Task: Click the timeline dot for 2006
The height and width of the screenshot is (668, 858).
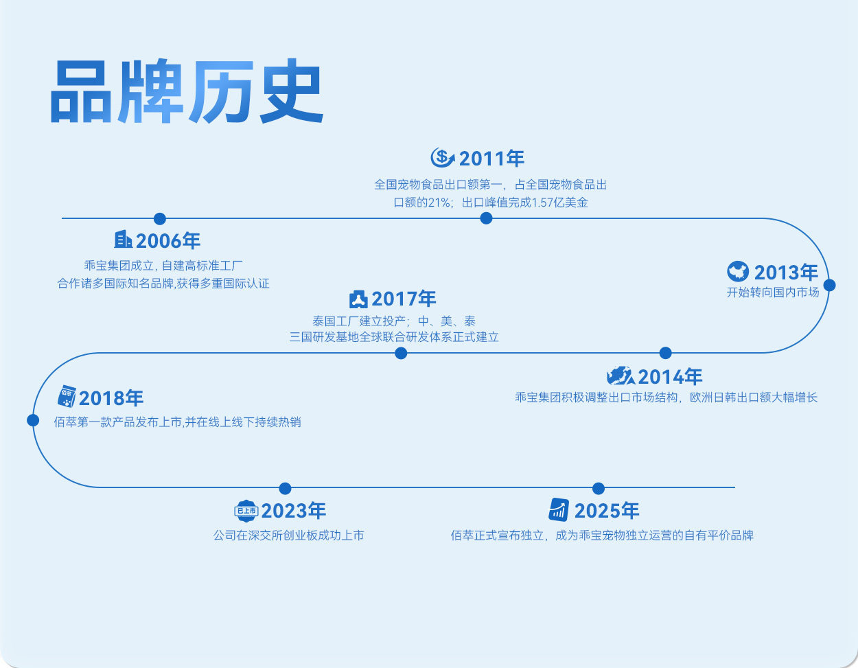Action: click(x=160, y=218)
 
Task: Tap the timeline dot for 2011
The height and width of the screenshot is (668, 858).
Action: click(x=486, y=218)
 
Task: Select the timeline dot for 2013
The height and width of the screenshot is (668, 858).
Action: click(x=829, y=285)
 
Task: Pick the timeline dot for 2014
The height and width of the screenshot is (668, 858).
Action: click(x=665, y=353)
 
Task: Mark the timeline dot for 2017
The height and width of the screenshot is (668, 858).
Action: click(x=401, y=353)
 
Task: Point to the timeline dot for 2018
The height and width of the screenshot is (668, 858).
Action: click(x=33, y=420)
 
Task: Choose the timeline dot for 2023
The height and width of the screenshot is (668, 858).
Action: click(x=286, y=488)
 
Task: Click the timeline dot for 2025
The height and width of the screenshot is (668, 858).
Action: click(x=599, y=488)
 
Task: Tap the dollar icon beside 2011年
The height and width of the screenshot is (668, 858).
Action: click(x=443, y=158)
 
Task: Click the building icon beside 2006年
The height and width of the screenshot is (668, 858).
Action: click(x=123, y=240)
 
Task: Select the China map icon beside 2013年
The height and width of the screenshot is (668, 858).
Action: click(x=738, y=272)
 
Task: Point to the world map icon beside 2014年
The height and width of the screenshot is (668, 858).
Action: click(x=620, y=376)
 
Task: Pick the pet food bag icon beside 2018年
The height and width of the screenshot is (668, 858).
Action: click(x=66, y=396)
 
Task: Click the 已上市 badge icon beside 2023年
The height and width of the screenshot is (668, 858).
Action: click(x=246, y=511)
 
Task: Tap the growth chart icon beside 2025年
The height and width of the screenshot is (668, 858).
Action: click(x=559, y=509)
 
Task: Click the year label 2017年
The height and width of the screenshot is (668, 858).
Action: click(x=404, y=299)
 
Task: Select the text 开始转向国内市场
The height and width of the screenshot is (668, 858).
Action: click(x=773, y=292)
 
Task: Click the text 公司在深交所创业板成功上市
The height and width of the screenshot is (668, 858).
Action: click(x=288, y=535)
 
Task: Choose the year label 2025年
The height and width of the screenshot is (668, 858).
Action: click(x=607, y=511)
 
